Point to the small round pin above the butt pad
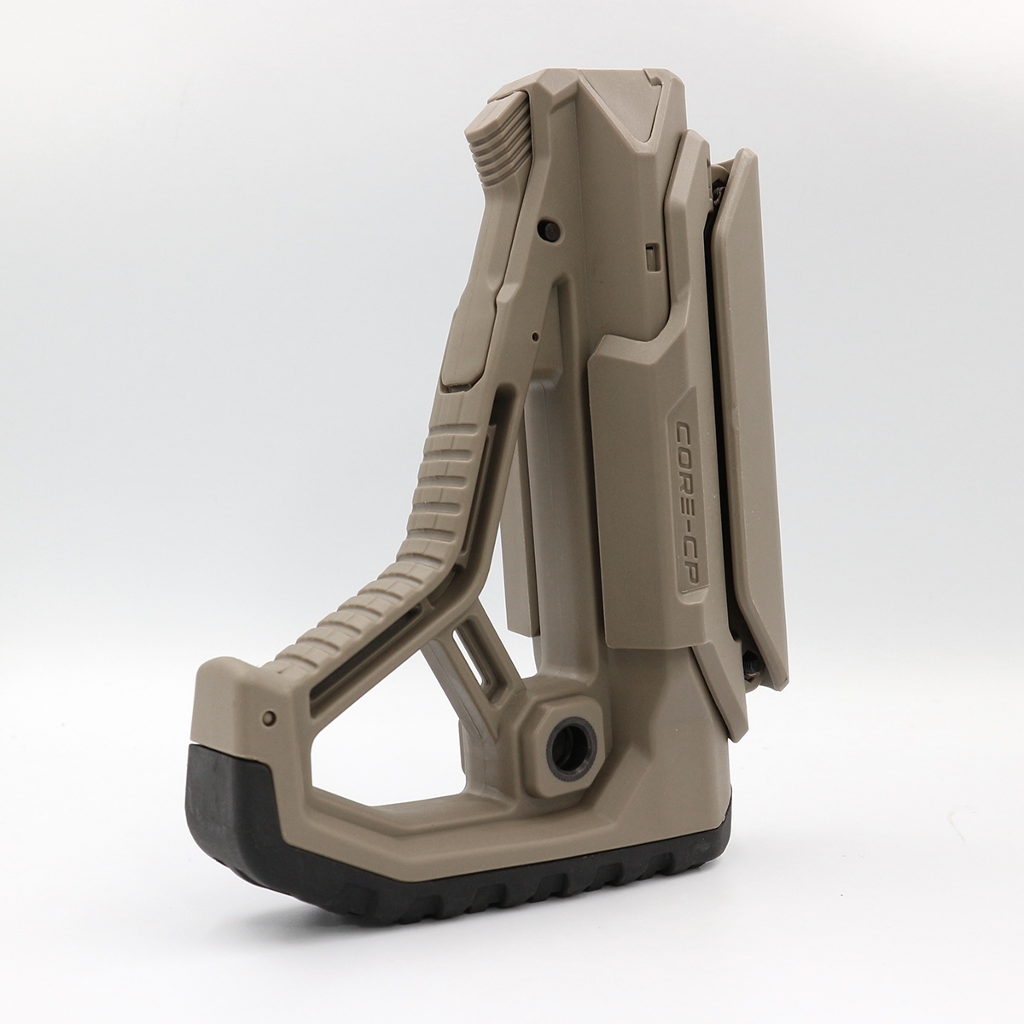[270, 719]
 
